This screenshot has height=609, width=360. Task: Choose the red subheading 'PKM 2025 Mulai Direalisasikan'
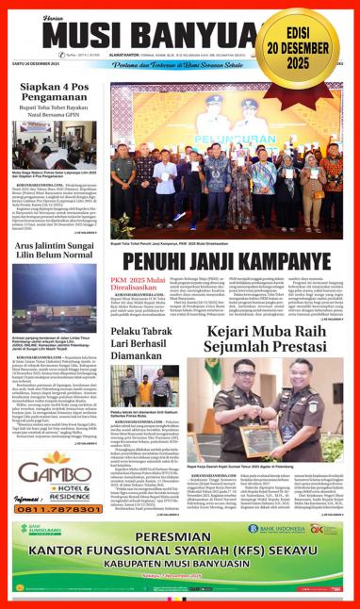[x=139, y=287]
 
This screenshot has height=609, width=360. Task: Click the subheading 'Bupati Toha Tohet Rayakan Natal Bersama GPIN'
[x=54, y=125]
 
